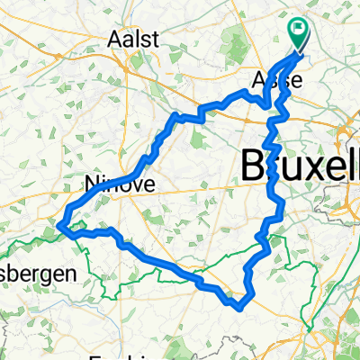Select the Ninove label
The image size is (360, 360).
[x=120, y=184]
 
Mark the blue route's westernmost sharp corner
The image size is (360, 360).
[x=60, y=225]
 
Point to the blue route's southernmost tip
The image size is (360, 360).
[x=238, y=307]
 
